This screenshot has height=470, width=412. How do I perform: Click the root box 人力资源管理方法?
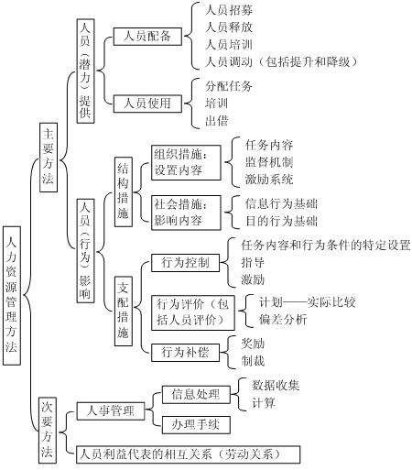click(x=12, y=295)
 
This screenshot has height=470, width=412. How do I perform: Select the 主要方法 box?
click(x=49, y=158)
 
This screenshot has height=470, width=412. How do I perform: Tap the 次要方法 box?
click(x=48, y=431)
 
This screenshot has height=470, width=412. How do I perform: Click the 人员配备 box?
click(x=147, y=37)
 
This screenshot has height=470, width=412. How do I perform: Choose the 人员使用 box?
click(x=147, y=104)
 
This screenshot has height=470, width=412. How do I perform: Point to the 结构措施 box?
click(x=124, y=191)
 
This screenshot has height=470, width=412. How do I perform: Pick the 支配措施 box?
click(x=124, y=311)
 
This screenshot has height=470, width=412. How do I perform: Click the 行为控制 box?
click(x=185, y=263)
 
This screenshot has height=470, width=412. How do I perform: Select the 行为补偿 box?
click(x=185, y=353)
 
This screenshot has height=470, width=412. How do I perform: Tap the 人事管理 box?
click(x=111, y=411)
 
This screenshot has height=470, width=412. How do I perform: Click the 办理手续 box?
click(x=196, y=424)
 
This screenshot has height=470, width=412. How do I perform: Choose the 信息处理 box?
click(x=196, y=395)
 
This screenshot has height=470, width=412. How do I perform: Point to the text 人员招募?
click(x=229, y=10)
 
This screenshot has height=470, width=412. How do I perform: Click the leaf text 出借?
click(x=217, y=121)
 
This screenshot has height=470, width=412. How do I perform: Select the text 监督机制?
click(x=269, y=162)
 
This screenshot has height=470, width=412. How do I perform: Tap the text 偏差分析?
click(x=283, y=320)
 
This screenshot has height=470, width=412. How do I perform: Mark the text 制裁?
click(x=253, y=361)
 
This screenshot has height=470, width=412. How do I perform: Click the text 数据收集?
click(x=276, y=386)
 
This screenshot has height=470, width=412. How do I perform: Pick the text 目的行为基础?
click(x=281, y=221)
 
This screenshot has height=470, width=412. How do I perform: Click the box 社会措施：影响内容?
click(x=186, y=213)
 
